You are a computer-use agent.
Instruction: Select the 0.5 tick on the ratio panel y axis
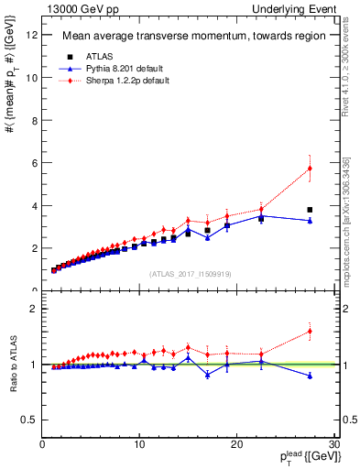tap(29, 420)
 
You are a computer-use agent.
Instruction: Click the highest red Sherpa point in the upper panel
tap(310, 169)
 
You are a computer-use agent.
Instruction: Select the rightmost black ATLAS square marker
tap(310, 210)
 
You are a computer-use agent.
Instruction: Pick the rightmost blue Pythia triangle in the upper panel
tap(310, 221)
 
